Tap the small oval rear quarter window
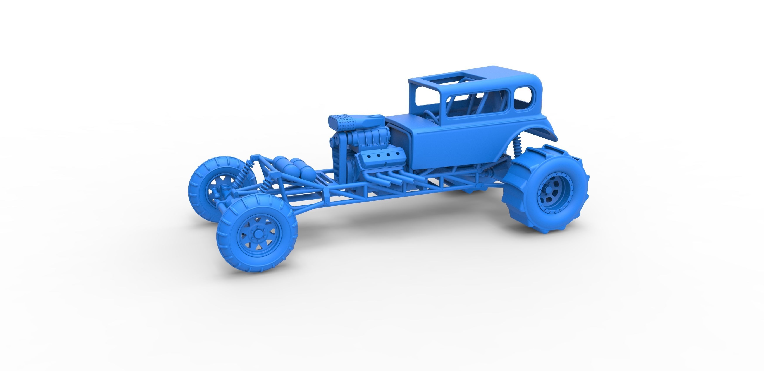coord(523,93)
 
